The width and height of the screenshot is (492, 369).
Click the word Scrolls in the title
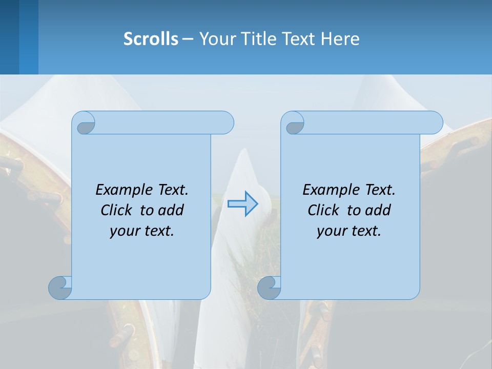(151, 38)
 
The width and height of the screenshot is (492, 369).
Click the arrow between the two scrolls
(242, 204)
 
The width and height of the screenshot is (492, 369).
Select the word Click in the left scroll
(118, 210)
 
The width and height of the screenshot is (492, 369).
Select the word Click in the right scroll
(325, 210)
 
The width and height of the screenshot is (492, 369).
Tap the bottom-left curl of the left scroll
(60, 287)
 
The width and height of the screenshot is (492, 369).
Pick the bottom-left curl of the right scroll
(269, 287)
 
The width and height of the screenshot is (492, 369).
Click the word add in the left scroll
(171, 210)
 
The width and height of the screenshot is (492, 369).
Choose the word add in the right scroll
(378, 210)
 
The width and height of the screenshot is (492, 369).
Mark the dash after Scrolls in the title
(188, 38)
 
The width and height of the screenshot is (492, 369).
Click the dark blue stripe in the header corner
(9, 37)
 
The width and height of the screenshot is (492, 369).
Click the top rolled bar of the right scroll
(369, 122)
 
